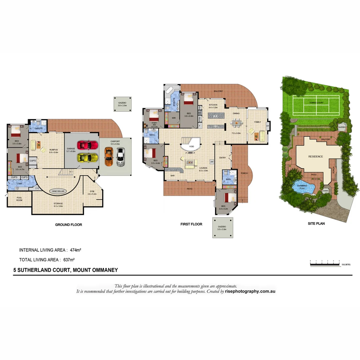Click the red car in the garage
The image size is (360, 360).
88,145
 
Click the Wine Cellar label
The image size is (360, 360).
58,191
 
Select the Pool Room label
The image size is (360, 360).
19,199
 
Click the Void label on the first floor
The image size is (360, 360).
191,146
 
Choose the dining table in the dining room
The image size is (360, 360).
236,123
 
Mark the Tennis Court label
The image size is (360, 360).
316,103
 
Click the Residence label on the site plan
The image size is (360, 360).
315,156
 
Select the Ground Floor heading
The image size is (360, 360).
68,225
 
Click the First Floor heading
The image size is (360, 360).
191,224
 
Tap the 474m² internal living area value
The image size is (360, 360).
76,250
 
